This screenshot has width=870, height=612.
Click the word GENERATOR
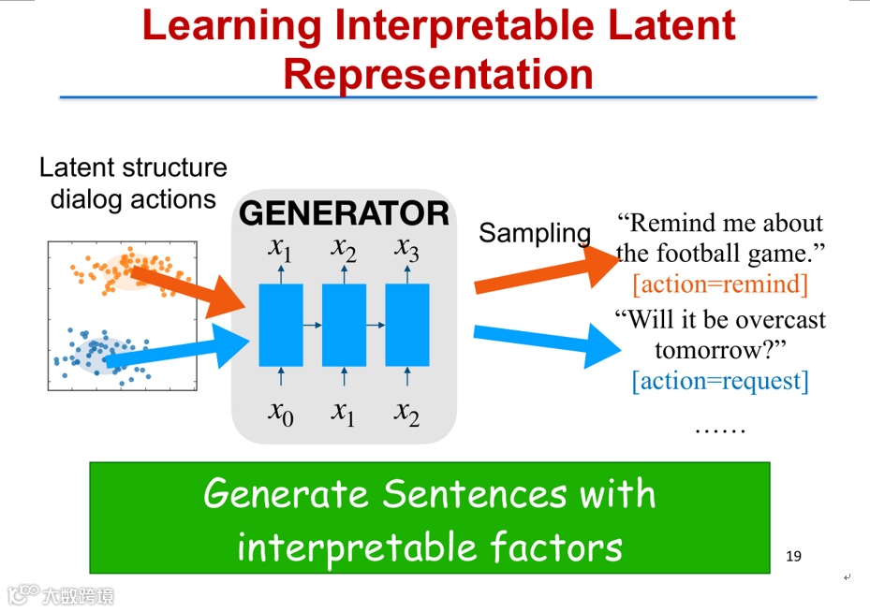click(x=344, y=214)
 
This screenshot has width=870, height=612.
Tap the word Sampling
click(x=535, y=233)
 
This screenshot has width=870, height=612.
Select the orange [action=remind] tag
click(x=720, y=284)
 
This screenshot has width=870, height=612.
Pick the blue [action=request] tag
click(x=720, y=381)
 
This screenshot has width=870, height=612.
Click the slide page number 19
click(x=793, y=557)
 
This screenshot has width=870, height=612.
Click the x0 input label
click(x=281, y=412)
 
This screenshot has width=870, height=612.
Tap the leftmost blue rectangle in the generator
click(x=281, y=325)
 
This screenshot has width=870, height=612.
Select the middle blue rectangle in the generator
click(x=344, y=325)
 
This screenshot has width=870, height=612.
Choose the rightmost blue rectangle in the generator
click(x=406, y=325)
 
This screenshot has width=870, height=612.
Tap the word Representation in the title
click(x=438, y=74)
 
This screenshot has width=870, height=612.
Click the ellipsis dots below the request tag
click(x=720, y=430)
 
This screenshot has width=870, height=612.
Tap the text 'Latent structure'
click(x=133, y=168)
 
